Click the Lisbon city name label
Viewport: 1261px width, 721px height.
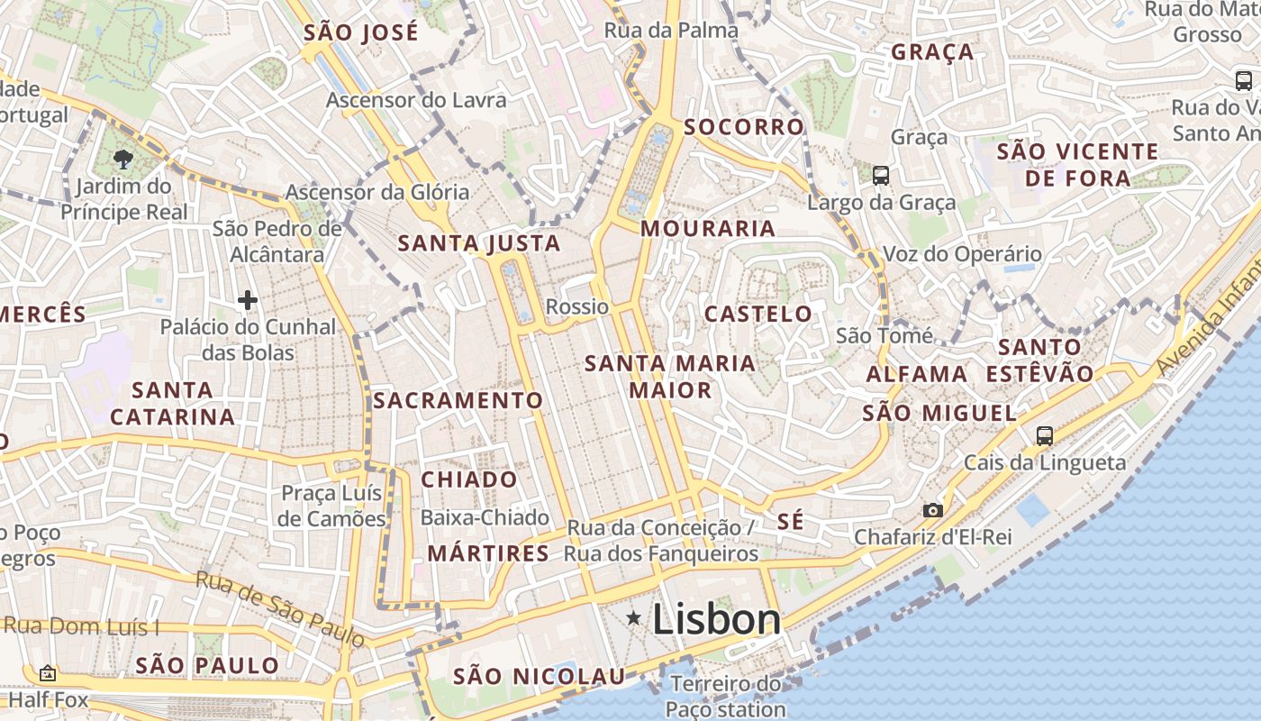pos(716,619)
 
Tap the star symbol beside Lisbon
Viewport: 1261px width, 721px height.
pos(634,618)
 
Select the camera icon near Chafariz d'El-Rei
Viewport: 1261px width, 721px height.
pos(933,511)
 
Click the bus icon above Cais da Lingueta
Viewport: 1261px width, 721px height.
pos(1045,436)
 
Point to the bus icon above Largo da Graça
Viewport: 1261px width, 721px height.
pos(881,176)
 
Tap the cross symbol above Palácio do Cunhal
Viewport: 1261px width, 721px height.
pos(248,300)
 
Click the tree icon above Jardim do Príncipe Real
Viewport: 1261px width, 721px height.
pos(122,160)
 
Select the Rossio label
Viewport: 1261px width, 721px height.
pos(577,306)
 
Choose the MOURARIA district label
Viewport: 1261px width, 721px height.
pos(708,229)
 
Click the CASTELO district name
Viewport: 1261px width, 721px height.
pos(758,314)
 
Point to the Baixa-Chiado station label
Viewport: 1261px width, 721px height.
pos(485,517)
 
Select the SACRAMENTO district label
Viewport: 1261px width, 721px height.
pos(458,400)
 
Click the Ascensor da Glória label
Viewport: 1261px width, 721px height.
pos(377,192)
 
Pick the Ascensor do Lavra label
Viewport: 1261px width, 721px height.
pos(416,100)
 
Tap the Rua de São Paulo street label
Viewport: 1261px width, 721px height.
pos(281,610)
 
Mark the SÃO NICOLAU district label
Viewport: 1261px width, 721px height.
pos(539,676)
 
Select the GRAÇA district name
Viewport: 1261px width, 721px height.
pos(932,52)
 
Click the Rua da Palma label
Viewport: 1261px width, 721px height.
pos(671,31)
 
